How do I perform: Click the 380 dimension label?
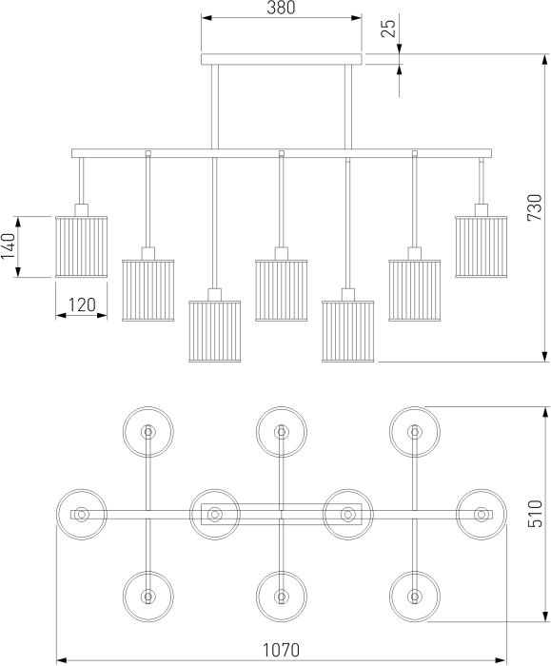pyautogui.click(x=281, y=8)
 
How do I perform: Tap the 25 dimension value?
pyautogui.click(x=388, y=29)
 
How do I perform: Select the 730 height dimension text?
pyautogui.click(x=535, y=207)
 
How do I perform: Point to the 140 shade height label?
pyautogui.click(x=8, y=246)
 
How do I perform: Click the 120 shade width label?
pyautogui.click(x=82, y=304)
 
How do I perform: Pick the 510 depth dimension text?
pyautogui.click(x=535, y=514)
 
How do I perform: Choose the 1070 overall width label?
pyautogui.click(x=281, y=650)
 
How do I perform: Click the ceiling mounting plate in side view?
pyautogui.click(x=282, y=59)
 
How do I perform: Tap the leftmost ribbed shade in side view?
pyautogui.click(x=82, y=246)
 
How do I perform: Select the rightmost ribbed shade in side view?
pyautogui.click(x=482, y=246)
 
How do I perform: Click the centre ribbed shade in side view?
pyautogui.click(x=282, y=290)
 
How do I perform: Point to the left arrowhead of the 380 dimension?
pyautogui.click(x=207, y=18)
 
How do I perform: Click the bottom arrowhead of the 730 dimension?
pyautogui.click(x=545, y=357)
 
